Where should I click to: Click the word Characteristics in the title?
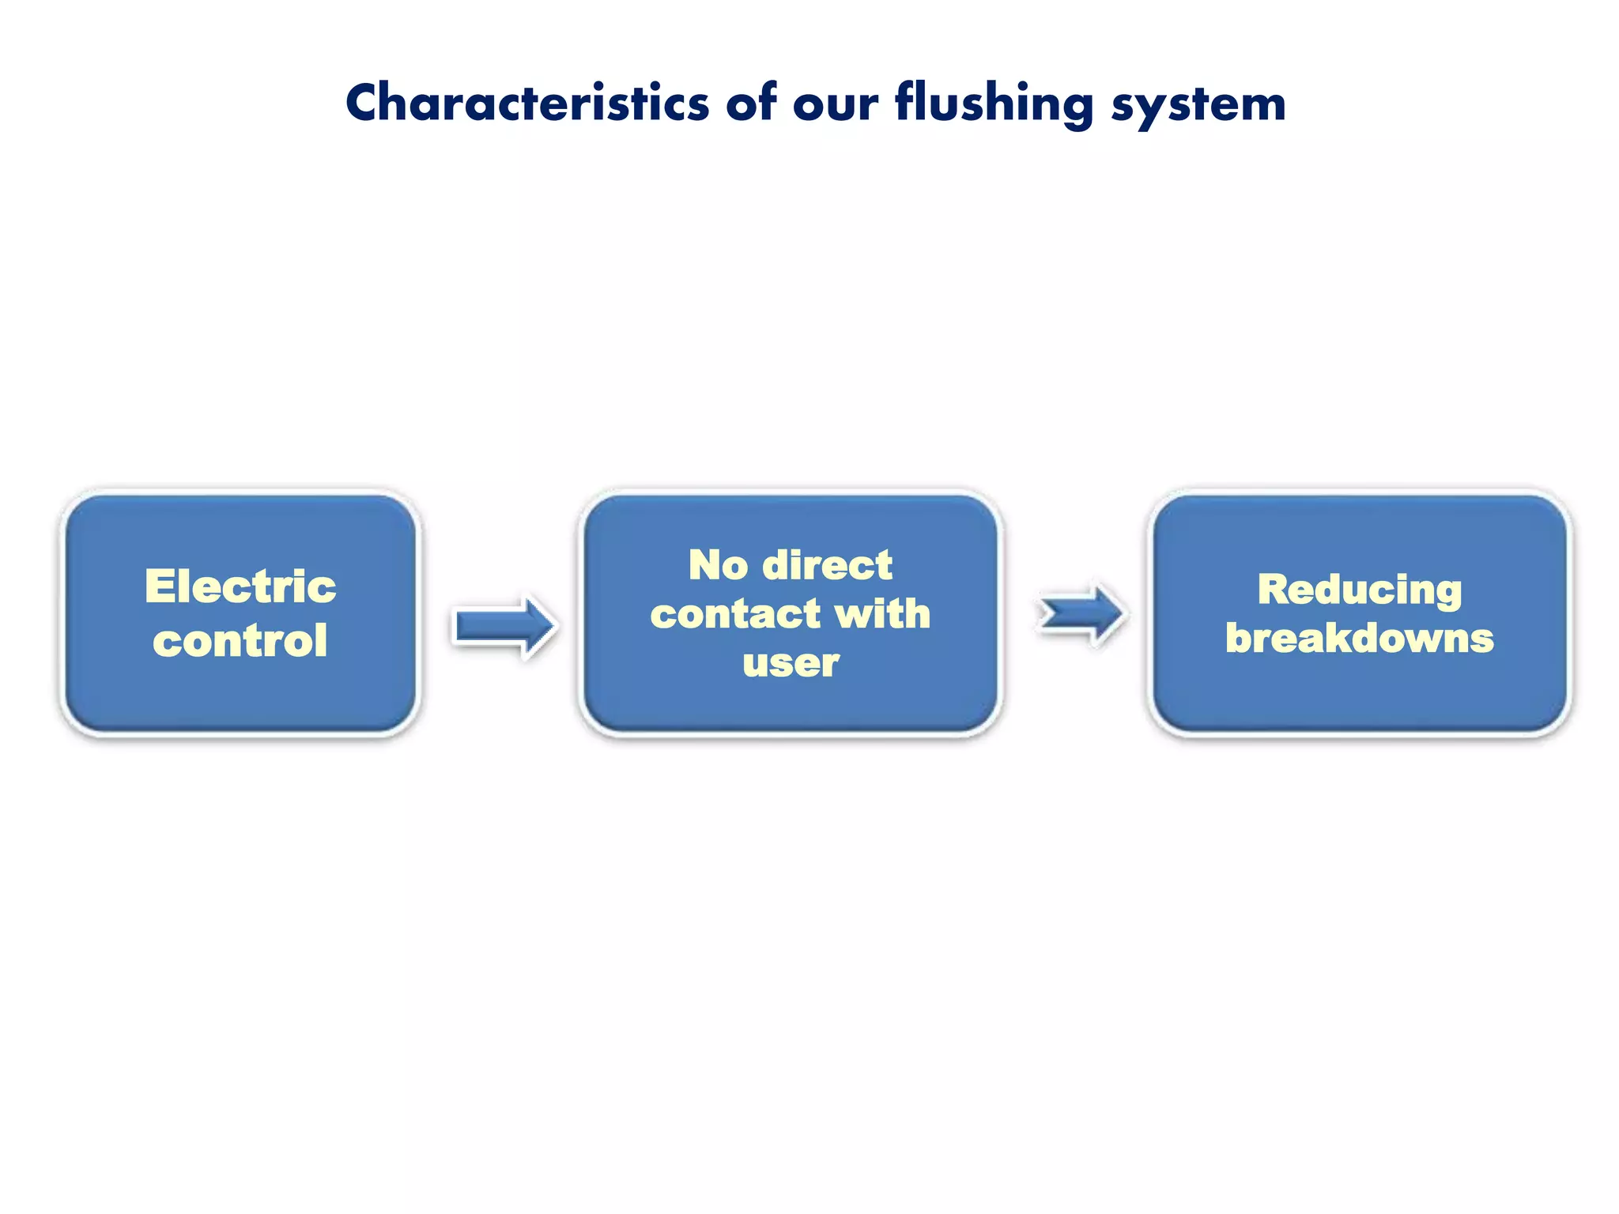(527, 104)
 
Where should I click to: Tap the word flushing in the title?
(994, 104)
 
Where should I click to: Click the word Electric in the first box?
(240, 586)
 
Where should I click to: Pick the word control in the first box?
(240, 640)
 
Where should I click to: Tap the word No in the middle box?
(718, 565)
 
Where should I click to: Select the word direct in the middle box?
(828, 565)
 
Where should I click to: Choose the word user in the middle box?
(791, 663)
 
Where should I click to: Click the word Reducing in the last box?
(1360, 590)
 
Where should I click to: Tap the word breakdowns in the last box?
(1360, 638)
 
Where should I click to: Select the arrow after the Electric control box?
(504, 627)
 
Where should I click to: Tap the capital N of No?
(705, 565)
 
